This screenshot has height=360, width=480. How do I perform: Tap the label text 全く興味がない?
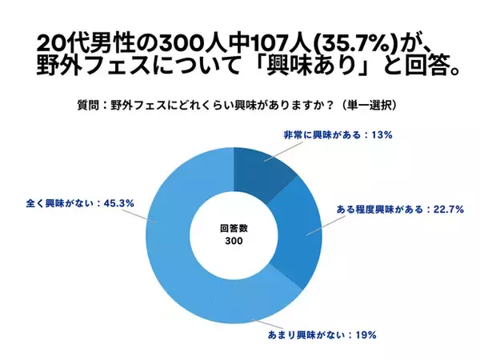click(x=58, y=204)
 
